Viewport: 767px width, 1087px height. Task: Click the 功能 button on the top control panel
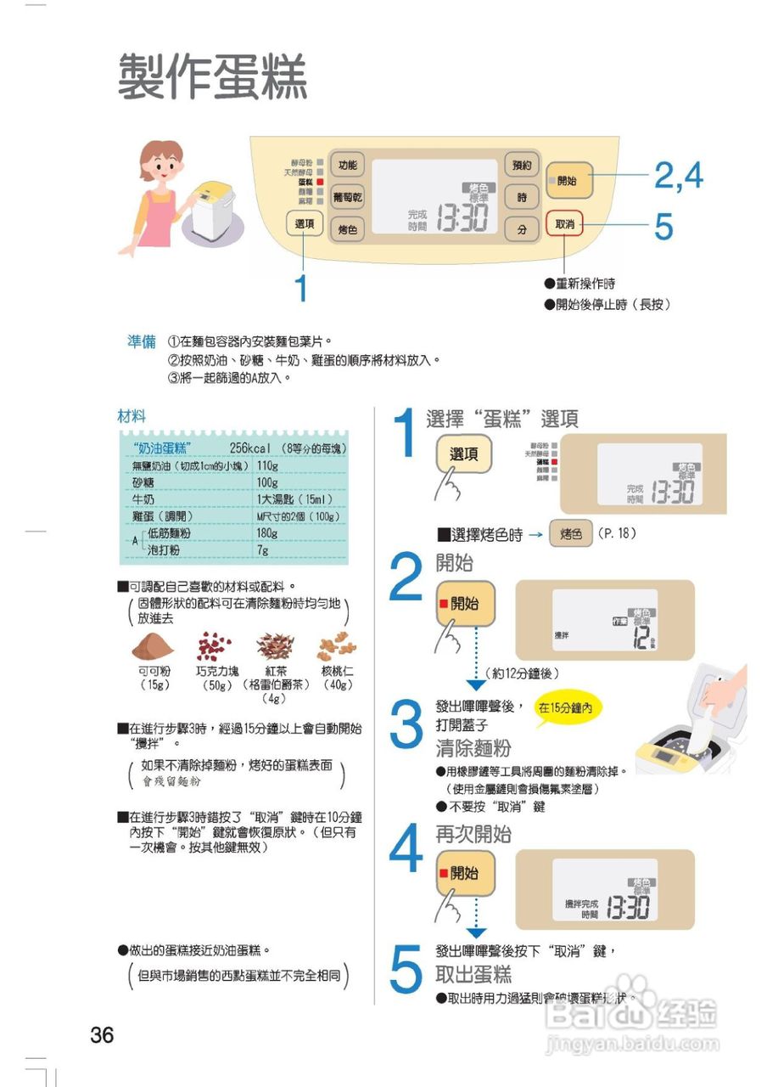tap(347, 165)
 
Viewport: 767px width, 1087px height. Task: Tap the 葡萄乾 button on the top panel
tap(347, 196)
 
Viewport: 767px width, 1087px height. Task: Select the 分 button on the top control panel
tap(522, 229)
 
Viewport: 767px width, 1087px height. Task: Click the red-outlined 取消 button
tap(564, 224)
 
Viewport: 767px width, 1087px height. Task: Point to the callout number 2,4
tap(678, 176)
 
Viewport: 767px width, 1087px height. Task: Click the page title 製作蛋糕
tap(212, 76)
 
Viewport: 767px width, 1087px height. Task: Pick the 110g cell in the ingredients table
tap(268, 465)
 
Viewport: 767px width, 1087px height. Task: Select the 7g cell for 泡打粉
tap(262, 550)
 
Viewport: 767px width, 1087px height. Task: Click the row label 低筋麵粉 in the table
tap(169, 533)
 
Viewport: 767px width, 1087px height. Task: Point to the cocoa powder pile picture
tap(153, 648)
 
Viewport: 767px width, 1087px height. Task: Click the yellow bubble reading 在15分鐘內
tap(568, 707)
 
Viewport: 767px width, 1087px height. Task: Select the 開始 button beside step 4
tap(465, 873)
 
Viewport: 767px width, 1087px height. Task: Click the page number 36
tap(102, 1035)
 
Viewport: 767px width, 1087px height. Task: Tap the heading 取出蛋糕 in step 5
tap(473, 973)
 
